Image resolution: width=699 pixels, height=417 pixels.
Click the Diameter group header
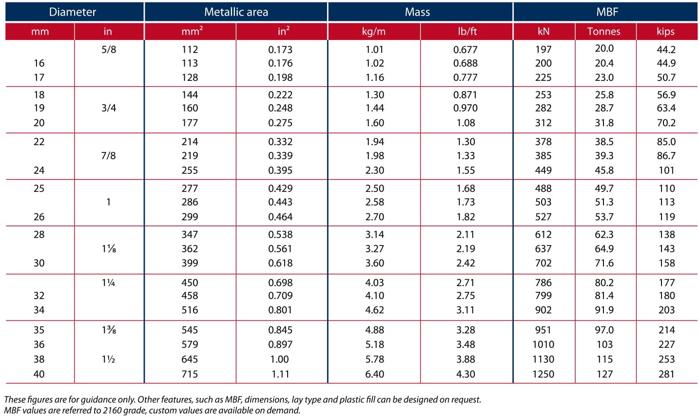73,12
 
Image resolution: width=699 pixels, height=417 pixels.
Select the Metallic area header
236,12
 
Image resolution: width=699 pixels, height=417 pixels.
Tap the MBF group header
607,12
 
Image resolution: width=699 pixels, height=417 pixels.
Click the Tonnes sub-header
604,31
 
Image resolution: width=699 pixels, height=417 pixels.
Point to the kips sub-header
666,31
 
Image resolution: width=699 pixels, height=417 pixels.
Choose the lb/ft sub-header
467,31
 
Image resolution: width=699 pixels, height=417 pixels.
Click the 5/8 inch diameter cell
109,49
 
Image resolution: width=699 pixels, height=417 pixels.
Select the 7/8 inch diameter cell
108,155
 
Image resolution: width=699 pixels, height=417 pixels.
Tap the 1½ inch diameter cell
108,359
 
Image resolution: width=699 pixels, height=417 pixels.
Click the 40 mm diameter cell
39,374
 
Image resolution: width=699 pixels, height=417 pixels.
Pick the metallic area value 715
190,374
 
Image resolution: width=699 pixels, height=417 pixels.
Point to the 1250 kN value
544,374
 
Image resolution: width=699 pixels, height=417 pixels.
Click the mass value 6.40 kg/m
374,374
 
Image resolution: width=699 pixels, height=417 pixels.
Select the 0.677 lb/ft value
466,49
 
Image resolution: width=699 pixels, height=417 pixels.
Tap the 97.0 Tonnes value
604,330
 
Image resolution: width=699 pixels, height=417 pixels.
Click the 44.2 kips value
666,49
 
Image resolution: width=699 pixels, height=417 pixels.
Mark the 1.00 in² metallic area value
280,359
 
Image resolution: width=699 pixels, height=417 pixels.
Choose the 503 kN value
544,202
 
